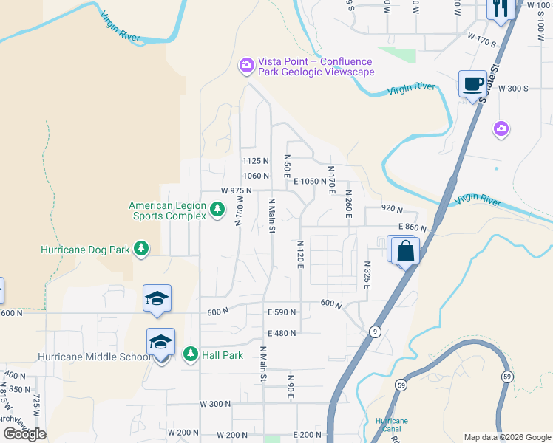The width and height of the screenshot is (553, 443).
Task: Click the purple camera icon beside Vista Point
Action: click(x=246, y=66)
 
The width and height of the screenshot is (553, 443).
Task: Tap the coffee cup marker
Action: click(x=472, y=83)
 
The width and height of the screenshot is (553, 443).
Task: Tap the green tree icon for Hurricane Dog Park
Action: click(x=140, y=250)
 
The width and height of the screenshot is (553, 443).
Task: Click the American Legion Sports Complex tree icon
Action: click(x=217, y=210)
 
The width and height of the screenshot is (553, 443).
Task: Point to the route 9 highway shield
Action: click(x=376, y=332)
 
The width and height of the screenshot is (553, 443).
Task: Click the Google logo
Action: click(x=24, y=434)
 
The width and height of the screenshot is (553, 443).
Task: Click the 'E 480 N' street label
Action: click(x=282, y=333)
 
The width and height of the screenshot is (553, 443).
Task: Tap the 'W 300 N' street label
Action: click(x=215, y=404)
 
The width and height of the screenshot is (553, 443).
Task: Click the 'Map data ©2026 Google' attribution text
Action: click(x=506, y=437)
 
